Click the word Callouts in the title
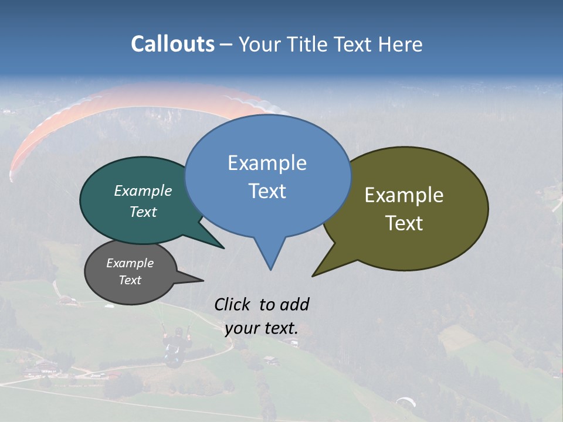coord(172,44)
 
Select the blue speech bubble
coord(267,176)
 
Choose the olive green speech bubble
coord(411,208)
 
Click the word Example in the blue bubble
coord(267,163)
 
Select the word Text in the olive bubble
coord(404,223)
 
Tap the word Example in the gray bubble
coord(130,263)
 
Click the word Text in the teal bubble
coord(143,212)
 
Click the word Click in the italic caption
coord(233,304)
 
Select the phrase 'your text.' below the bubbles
coord(261,328)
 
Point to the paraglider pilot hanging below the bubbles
coord(175,346)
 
